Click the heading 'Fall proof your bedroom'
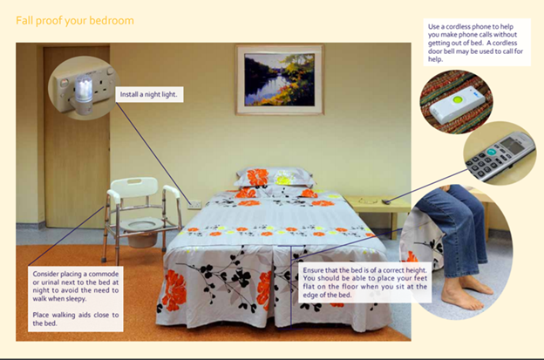[75, 20]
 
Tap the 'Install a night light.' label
[149, 94]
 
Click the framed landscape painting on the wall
[280, 79]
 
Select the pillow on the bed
[274, 177]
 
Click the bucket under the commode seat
[142, 239]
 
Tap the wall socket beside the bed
[194, 205]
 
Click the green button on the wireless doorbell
[459, 100]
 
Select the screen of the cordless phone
[513, 145]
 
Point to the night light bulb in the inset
[84, 89]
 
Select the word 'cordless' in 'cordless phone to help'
[457, 27]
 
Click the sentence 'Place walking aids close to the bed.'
[76, 319]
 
